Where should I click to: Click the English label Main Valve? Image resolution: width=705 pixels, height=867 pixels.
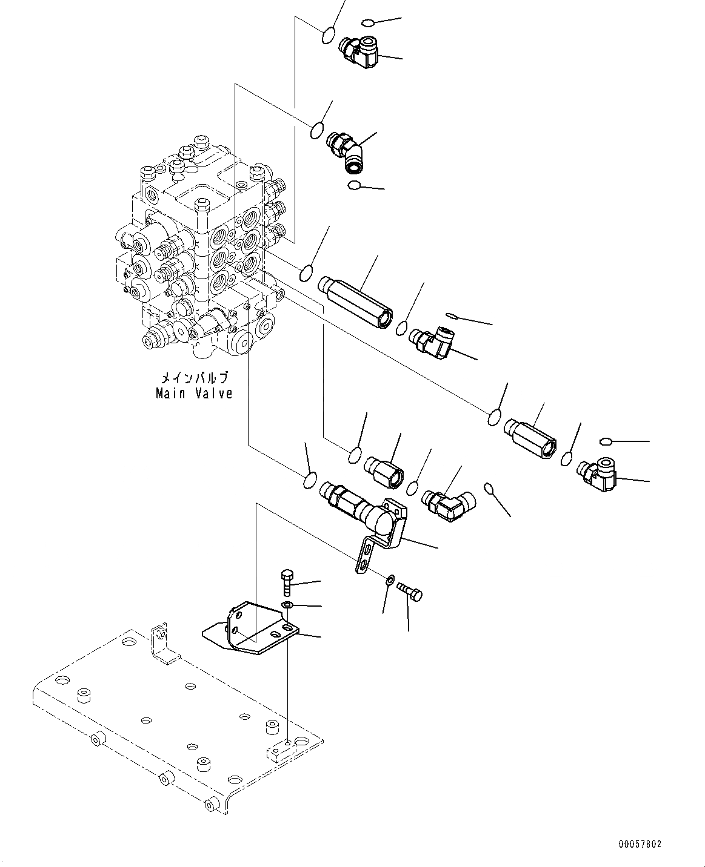pyautogui.click(x=193, y=394)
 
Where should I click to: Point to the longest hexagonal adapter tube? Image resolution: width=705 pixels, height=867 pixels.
pyautogui.click(x=355, y=301)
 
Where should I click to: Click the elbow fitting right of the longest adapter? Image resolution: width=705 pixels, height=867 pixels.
pyautogui.click(x=431, y=342)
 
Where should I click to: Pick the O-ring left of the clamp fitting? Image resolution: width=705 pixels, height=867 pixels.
pyautogui.click(x=309, y=481)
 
